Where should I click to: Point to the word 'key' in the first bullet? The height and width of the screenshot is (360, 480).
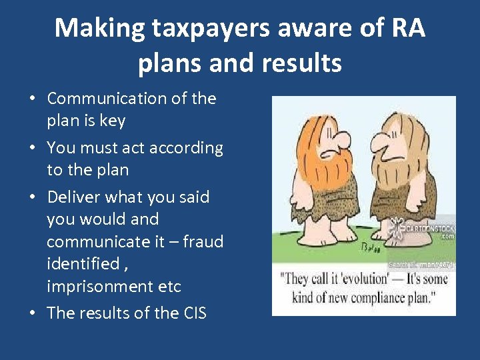(112, 121)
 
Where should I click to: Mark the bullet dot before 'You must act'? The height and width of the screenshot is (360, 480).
(31, 148)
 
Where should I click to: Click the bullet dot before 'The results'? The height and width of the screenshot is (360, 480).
(31, 313)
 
